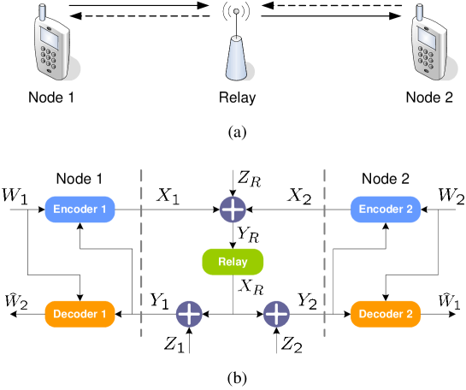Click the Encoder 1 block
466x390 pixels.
(80, 210)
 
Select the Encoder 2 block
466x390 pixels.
(386, 210)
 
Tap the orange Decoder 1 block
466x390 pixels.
(80, 314)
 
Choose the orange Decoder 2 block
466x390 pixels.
(386, 314)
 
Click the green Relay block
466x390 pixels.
(233, 262)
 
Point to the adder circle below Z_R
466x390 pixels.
(233, 209)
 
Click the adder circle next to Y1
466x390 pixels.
(189, 314)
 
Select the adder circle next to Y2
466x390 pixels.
(276, 314)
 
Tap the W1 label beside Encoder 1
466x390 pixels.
(15, 197)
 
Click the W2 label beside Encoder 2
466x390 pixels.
(451, 197)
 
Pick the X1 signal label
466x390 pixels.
(168, 196)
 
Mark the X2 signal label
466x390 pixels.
(298, 196)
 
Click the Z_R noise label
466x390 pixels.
(249, 180)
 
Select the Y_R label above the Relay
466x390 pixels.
(249, 233)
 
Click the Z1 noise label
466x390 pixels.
(174, 345)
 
